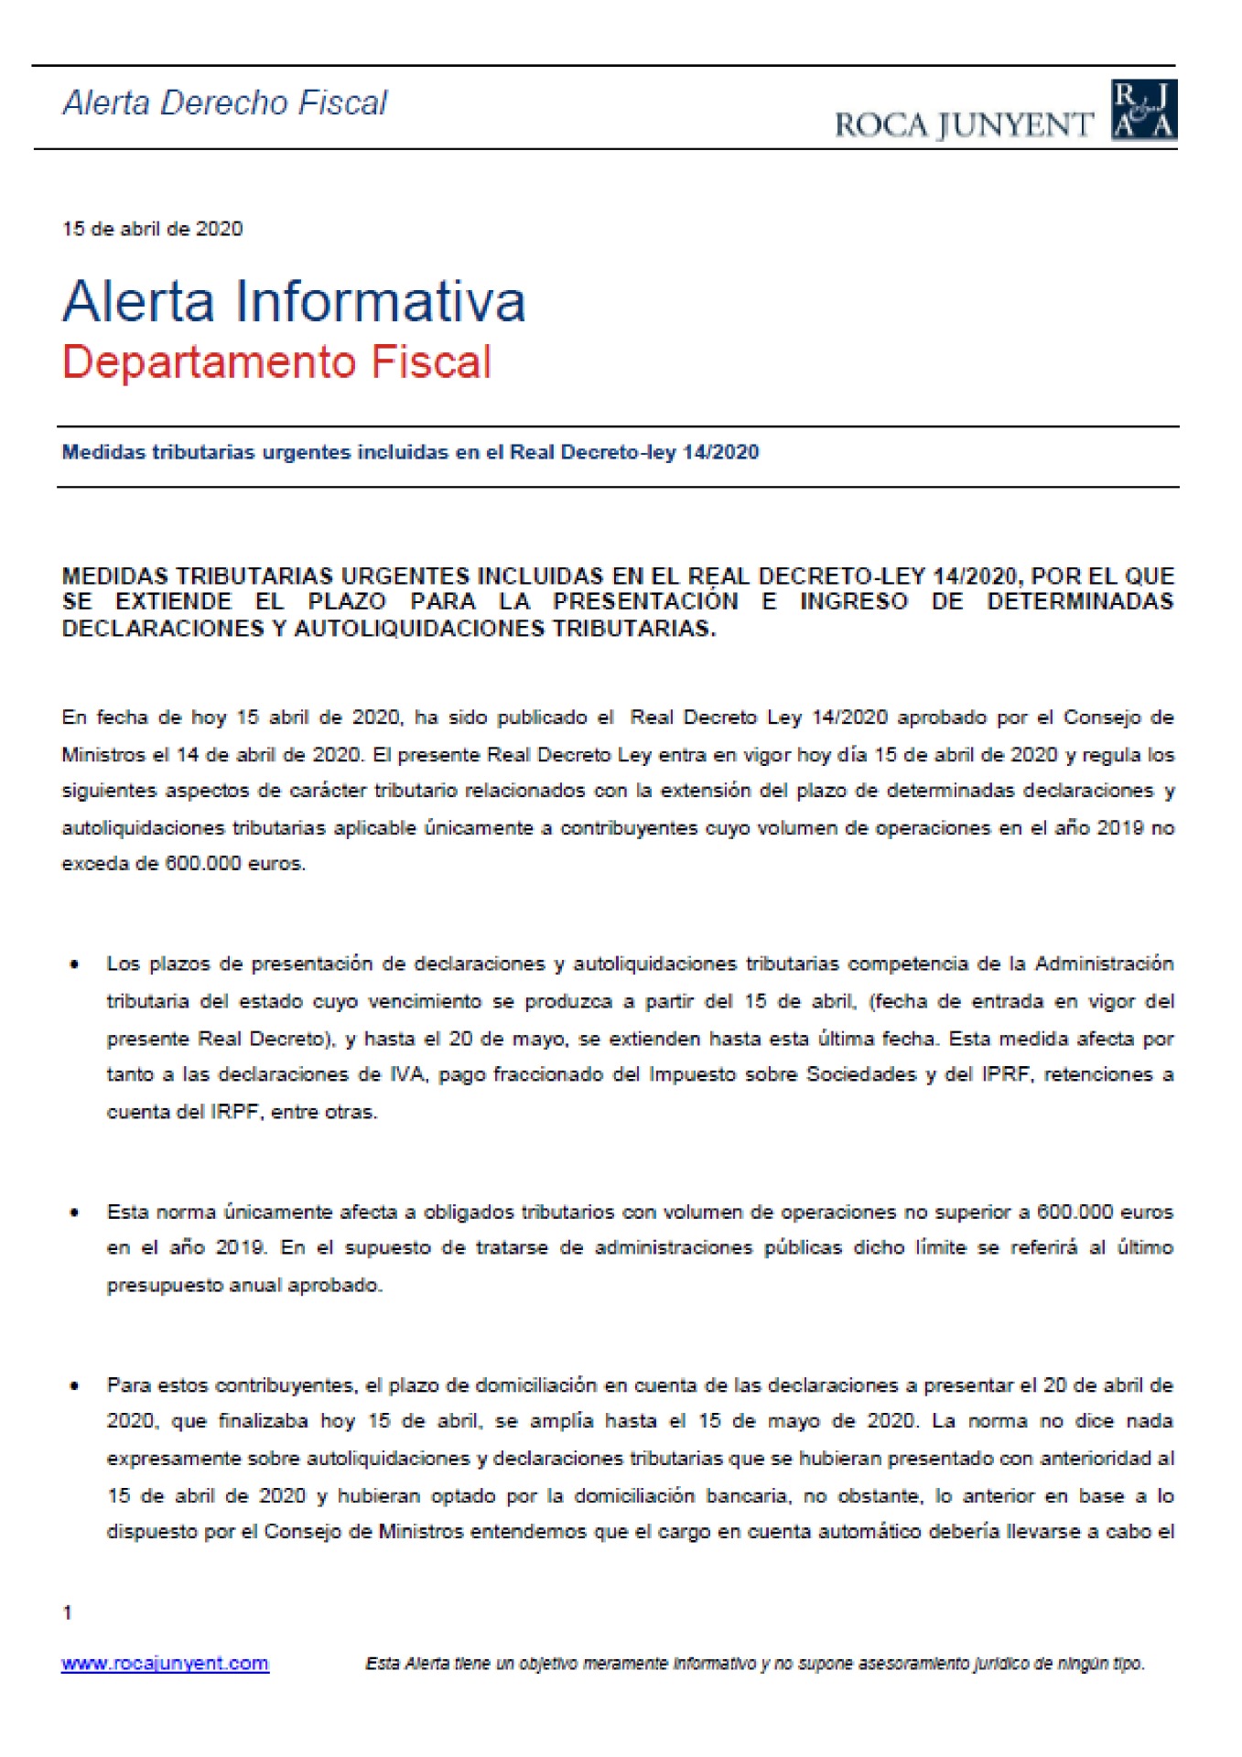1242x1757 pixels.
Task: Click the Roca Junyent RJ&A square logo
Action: pos(1143,110)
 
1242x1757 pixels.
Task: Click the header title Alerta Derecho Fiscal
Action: pos(225,102)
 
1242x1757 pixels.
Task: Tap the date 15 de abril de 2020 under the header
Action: pos(152,229)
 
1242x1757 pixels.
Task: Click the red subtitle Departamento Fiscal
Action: pos(276,361)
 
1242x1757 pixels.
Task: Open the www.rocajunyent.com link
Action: pos(165,1663)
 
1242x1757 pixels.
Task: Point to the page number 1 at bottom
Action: pos(67,1612)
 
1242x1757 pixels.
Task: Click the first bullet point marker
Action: pos(74,965)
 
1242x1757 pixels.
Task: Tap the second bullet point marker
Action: pos(74,1213)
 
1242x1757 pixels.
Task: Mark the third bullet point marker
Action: pos(74,1385)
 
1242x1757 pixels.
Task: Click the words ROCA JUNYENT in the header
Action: pos(964,124)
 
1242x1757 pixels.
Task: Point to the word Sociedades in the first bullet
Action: pos(860,1074)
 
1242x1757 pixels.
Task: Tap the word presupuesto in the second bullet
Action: pos(152,1285)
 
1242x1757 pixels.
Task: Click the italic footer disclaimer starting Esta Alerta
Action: pos(755,1663)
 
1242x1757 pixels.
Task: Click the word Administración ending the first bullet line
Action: pos(1104,964)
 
